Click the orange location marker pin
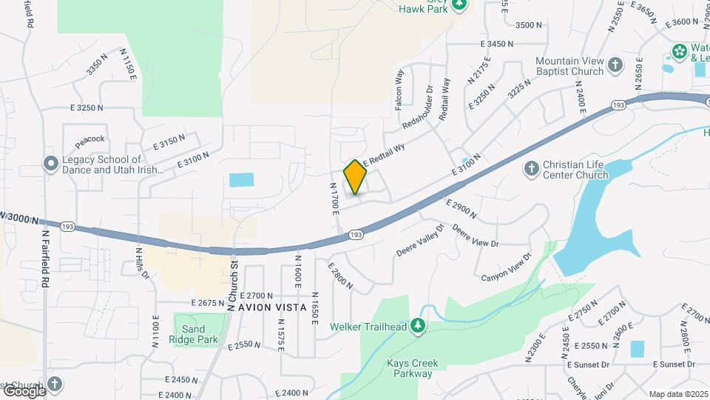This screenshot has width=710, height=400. tap(356, 177)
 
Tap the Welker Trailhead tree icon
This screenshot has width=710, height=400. tap(419, 325)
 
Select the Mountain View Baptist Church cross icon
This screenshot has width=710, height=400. tap(615, 66)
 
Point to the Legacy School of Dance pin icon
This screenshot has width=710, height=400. tap(51, 164)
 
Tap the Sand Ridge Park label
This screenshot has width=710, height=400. tap(200, 334)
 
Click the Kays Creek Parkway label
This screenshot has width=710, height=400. tap(413, 368)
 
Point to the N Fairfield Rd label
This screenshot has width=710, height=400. tap(46, 258)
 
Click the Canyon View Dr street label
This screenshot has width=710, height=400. tap(507, 267)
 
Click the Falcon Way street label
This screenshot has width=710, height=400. tap(400, 90)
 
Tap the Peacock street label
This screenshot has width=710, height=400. tap(89, 139)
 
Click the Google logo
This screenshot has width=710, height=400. tap(24, 390)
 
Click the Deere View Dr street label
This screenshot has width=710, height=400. tap(476, 235)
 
